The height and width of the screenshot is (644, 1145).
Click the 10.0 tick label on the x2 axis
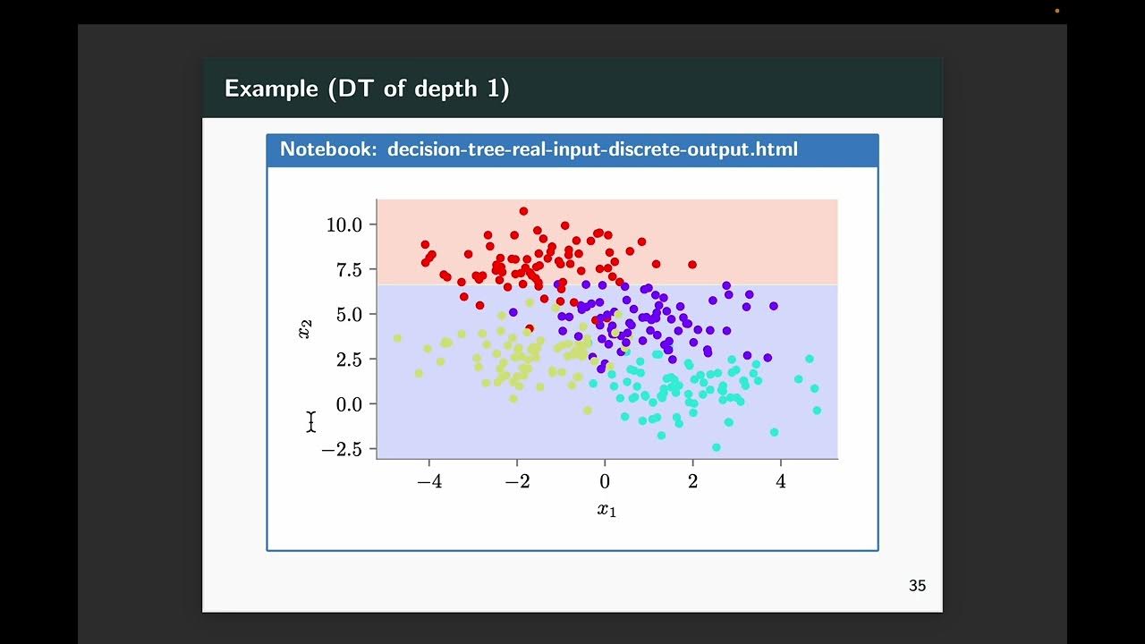[x=343, y=225]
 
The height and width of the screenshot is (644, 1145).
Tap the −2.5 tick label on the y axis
[x=341, y=449]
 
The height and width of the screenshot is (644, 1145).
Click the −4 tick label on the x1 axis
[x=429, y=481]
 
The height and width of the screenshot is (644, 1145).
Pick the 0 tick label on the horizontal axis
[x=605, y=481]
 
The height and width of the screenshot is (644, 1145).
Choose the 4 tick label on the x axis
[x=781, y=481]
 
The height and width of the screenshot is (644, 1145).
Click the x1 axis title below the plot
[x=606, y=511]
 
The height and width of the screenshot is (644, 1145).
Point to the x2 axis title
[x=305, y=329]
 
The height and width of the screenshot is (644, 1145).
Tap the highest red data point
[x=523, y=211]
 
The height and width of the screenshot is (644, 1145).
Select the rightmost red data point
[x=692, y=265]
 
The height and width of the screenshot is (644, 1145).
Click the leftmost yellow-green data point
[x=397, y=338]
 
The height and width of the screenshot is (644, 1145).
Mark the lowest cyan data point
[x=716, y=447]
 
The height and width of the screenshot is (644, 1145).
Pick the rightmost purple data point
[x=774, y=306]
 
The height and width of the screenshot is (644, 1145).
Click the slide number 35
[x=917, y=586]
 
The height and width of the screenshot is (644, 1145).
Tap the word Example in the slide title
[x=271, y=89]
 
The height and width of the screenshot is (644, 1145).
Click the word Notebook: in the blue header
[x=328, y=149]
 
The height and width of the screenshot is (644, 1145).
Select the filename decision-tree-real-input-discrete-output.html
[x=592, y=149]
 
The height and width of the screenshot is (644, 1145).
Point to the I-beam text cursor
[x=311, y=421]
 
